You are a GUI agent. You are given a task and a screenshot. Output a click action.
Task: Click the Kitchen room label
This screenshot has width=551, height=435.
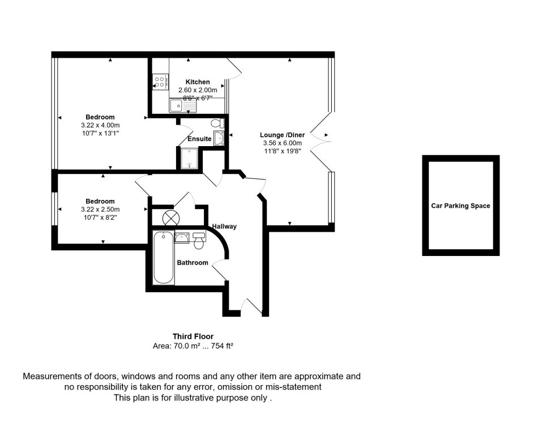(x=197, y=82)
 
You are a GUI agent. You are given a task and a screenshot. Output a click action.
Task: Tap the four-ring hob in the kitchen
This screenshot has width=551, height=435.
(x=160, y=82)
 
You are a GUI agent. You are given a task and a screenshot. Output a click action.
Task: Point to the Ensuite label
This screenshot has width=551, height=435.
(x=199, y=139)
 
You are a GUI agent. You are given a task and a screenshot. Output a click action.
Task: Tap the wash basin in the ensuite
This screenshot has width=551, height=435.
(x=220, y=138)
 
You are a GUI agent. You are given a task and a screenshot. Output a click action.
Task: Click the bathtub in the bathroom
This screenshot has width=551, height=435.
(x=164, y=258)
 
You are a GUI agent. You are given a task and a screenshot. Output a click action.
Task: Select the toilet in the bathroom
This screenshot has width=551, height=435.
(x=199, y=241)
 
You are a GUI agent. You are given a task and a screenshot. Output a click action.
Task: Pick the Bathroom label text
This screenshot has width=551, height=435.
(x=193, y=263)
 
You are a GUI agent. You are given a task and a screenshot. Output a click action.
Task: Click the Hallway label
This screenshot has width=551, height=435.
(x=224, y=227)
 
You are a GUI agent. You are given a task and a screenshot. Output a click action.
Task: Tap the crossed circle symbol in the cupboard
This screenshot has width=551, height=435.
(x=170, y=217)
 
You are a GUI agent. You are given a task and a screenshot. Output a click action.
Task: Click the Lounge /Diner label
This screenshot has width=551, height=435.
(x=282, y=135)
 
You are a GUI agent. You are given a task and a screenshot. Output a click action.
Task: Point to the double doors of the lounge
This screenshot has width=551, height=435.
(x=325, y=135)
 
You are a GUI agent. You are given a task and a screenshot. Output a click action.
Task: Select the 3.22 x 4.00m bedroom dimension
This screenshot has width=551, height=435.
(x=100, y=125)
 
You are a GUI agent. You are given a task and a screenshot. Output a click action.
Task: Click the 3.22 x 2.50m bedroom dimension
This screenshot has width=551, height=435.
(x=100, y=209)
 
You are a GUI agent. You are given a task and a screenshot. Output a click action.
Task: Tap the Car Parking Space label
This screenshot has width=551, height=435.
(x=460, y=206)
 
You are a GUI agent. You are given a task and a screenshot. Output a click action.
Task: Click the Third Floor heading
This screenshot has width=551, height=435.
(x=193, y=336)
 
